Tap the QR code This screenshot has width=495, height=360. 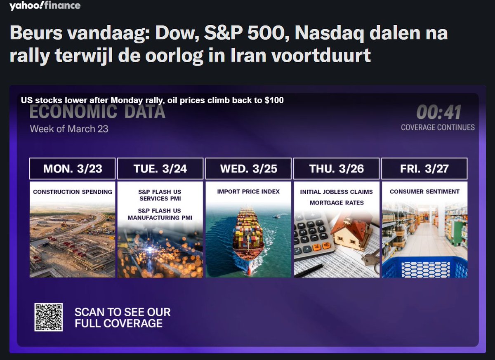(48, 317)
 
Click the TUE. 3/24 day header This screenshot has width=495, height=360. (160, 169)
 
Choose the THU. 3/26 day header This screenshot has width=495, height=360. (336, 169)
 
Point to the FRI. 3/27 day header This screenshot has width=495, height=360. (424, 169)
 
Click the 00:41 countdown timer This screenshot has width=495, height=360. (438, 112)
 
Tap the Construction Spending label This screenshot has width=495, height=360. (72, 192)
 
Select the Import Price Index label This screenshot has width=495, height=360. (248, 192)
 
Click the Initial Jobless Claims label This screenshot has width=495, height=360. (336, 192)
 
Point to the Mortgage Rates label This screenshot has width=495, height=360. (336, 203)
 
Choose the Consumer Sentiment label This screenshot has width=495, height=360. (424, 192)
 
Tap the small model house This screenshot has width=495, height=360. (351, 233)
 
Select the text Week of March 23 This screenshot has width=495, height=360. (69, 129)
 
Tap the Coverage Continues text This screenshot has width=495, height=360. (438, 127)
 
